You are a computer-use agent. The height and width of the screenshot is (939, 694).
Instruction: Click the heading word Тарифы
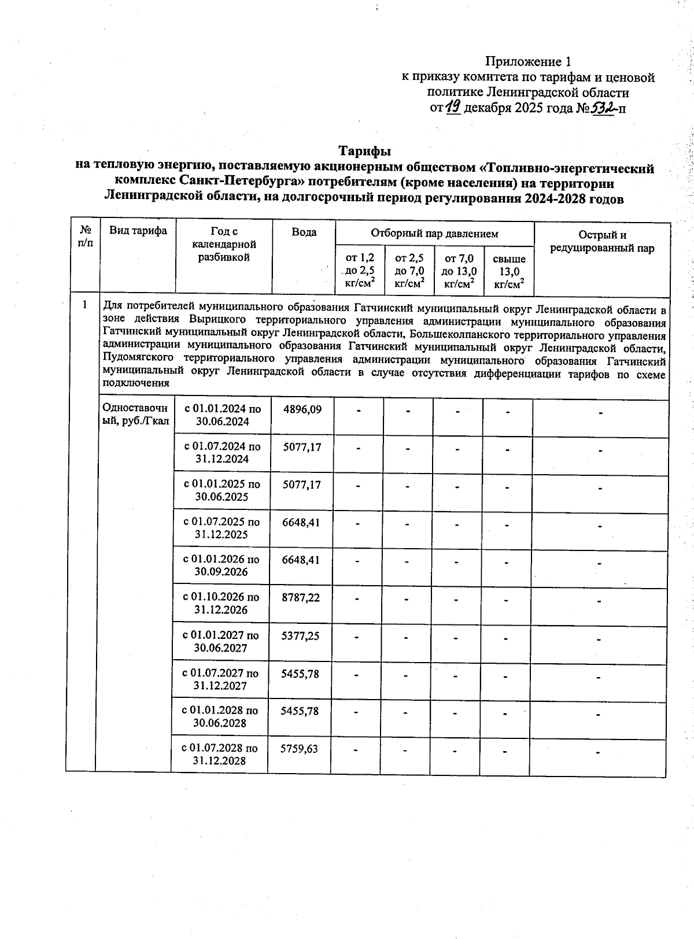pyautogui.click(x=364, y=151)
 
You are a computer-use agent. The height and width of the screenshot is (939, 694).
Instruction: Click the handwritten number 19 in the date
pyautogui.click(x=453, y=108)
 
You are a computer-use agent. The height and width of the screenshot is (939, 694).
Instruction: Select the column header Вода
pyautogui.click(x=304, y=232)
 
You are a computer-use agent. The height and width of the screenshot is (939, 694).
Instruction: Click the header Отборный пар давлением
pyautogui.click(x=434, y=234)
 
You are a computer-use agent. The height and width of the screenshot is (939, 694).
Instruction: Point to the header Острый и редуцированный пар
pyautogui.click(x=602, y=242)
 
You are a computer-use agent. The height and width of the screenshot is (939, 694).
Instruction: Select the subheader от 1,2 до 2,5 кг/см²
pyautogui.click(x=360, y=271)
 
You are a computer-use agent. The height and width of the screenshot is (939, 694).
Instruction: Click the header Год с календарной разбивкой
pyautogui.click(x=224, y=245)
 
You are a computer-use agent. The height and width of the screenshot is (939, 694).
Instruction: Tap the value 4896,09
pyautogui.click(x=302, y=409)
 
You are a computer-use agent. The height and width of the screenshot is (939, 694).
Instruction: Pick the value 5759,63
pyautogui.click(x=299, y=749)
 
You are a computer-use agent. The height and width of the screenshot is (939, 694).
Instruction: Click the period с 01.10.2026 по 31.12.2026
pyautogui.click(x=221, y=604)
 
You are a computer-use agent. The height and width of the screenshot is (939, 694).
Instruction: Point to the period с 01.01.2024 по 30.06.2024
pyautogui.click(x=223, y=415)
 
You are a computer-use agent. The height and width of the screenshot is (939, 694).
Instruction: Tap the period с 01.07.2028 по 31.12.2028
pyautogui.click(x=220, y=755)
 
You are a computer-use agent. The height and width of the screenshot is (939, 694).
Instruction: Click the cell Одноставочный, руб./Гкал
pyautogui.click(x=135, y=415)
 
